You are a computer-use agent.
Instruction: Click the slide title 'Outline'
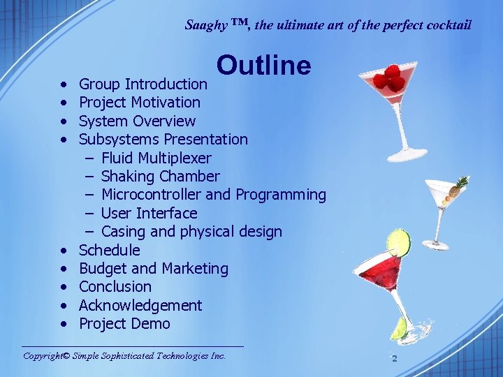coord(263,65)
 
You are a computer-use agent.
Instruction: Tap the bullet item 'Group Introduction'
coord(143,84)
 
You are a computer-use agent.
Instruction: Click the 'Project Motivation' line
coord(139,103)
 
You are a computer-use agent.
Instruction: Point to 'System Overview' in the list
coord(137,121)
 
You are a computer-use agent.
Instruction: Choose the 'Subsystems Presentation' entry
coord(163,140)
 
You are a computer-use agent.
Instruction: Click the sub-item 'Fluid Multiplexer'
coord(156,158)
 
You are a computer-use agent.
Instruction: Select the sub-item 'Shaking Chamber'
coord(160,177)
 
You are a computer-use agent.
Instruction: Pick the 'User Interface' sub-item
coord(149,214)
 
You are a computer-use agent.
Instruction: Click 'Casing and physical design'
coord(191,232)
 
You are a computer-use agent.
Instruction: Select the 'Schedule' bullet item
coord(109,250)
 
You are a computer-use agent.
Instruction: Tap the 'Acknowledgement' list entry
coord(140,306)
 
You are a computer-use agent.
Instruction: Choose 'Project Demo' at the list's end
coord(124,324)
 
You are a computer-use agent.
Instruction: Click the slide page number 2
coord(394,358)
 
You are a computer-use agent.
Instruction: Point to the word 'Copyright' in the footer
coord(43,356)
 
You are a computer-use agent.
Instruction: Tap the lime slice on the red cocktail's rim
coord(398,242)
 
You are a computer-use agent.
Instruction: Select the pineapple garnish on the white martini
coord(460,185)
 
